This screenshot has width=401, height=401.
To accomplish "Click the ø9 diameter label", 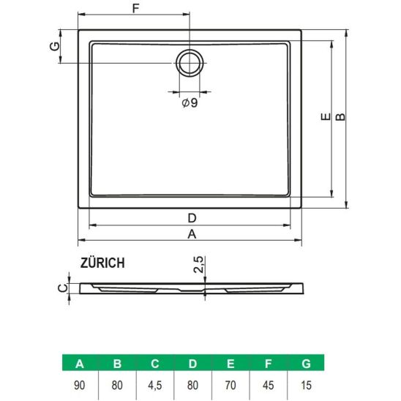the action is [190, 102].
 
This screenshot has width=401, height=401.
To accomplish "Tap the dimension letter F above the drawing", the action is [135, 9].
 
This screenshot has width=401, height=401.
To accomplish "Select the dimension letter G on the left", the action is [54, 46].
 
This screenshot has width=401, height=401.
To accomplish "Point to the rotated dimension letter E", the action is [326, 117].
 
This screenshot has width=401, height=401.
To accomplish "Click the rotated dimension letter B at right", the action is [340, 117].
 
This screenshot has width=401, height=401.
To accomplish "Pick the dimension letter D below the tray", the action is [192, 218].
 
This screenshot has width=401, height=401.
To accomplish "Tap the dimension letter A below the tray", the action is [192, 234].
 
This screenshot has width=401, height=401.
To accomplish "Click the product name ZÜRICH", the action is [102, 263].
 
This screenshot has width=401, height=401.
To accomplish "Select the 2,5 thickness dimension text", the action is [198, 264].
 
